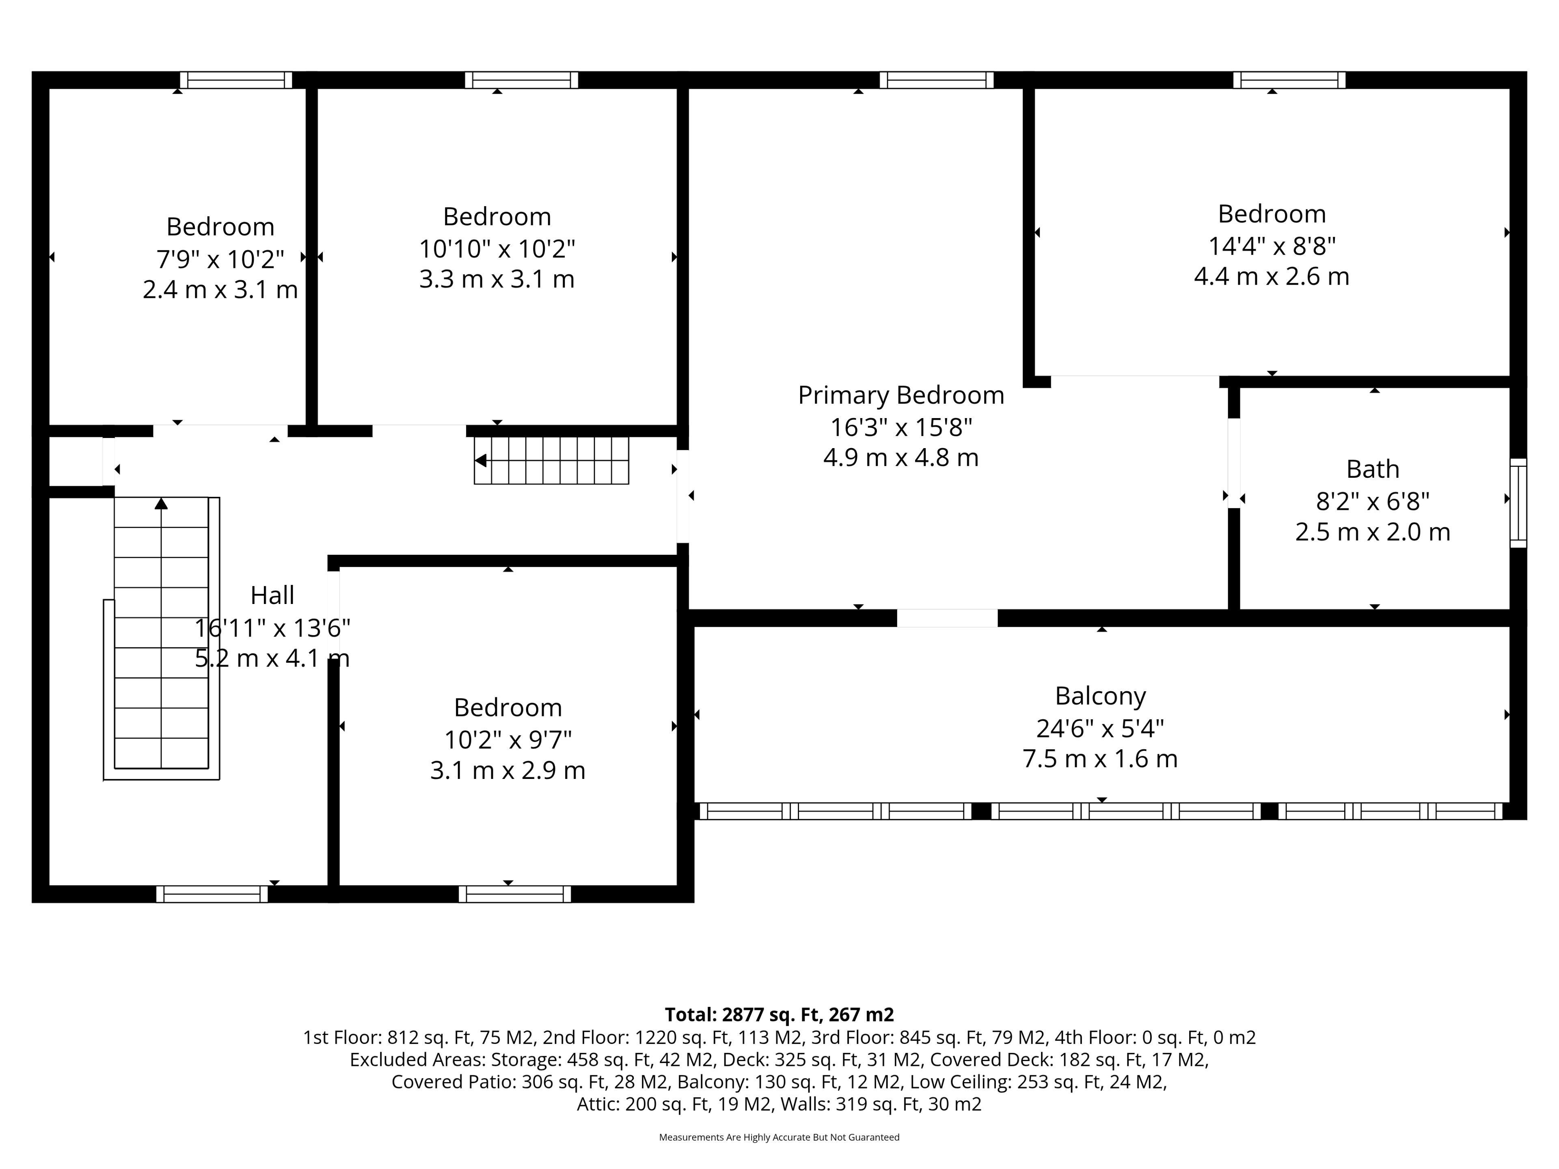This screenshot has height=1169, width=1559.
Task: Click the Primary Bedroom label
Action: pyautogui.click(x=901, y=395)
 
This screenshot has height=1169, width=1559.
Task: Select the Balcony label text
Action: pyautogui.click(x=1100, y=696)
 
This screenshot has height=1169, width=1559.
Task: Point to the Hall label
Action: pyautogui.click(x=272, y=595)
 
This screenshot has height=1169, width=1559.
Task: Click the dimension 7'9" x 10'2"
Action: pyautogui.click(x=220, y=259)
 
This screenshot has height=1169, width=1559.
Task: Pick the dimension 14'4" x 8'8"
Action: pyautogui.click(x=1272, y=246)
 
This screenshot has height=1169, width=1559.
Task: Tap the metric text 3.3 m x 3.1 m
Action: pyautogui.click(x=497, y=279)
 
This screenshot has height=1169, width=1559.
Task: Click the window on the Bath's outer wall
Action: pyautogui.click(x=1518, y=503)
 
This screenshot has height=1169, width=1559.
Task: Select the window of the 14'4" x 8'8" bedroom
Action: pyautogui.click(x=1289, y=80)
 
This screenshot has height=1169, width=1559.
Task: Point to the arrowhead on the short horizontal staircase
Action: pyautogui.click(x=481, y=461)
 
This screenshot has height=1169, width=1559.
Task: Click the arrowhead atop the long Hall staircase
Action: pyautogui.click(x=162, y=503)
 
